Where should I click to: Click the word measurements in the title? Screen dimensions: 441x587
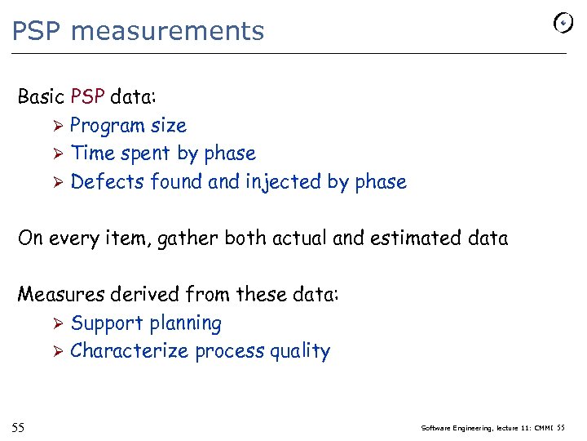pos(167,31)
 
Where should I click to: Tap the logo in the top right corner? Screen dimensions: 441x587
pos(563,24)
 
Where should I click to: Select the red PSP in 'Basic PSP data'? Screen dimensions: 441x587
pos(87,97)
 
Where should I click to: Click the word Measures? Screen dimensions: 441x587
pos(56,294)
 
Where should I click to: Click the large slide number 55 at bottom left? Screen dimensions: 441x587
pos(18,427)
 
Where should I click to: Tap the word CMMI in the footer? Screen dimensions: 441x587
pos(544,427)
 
